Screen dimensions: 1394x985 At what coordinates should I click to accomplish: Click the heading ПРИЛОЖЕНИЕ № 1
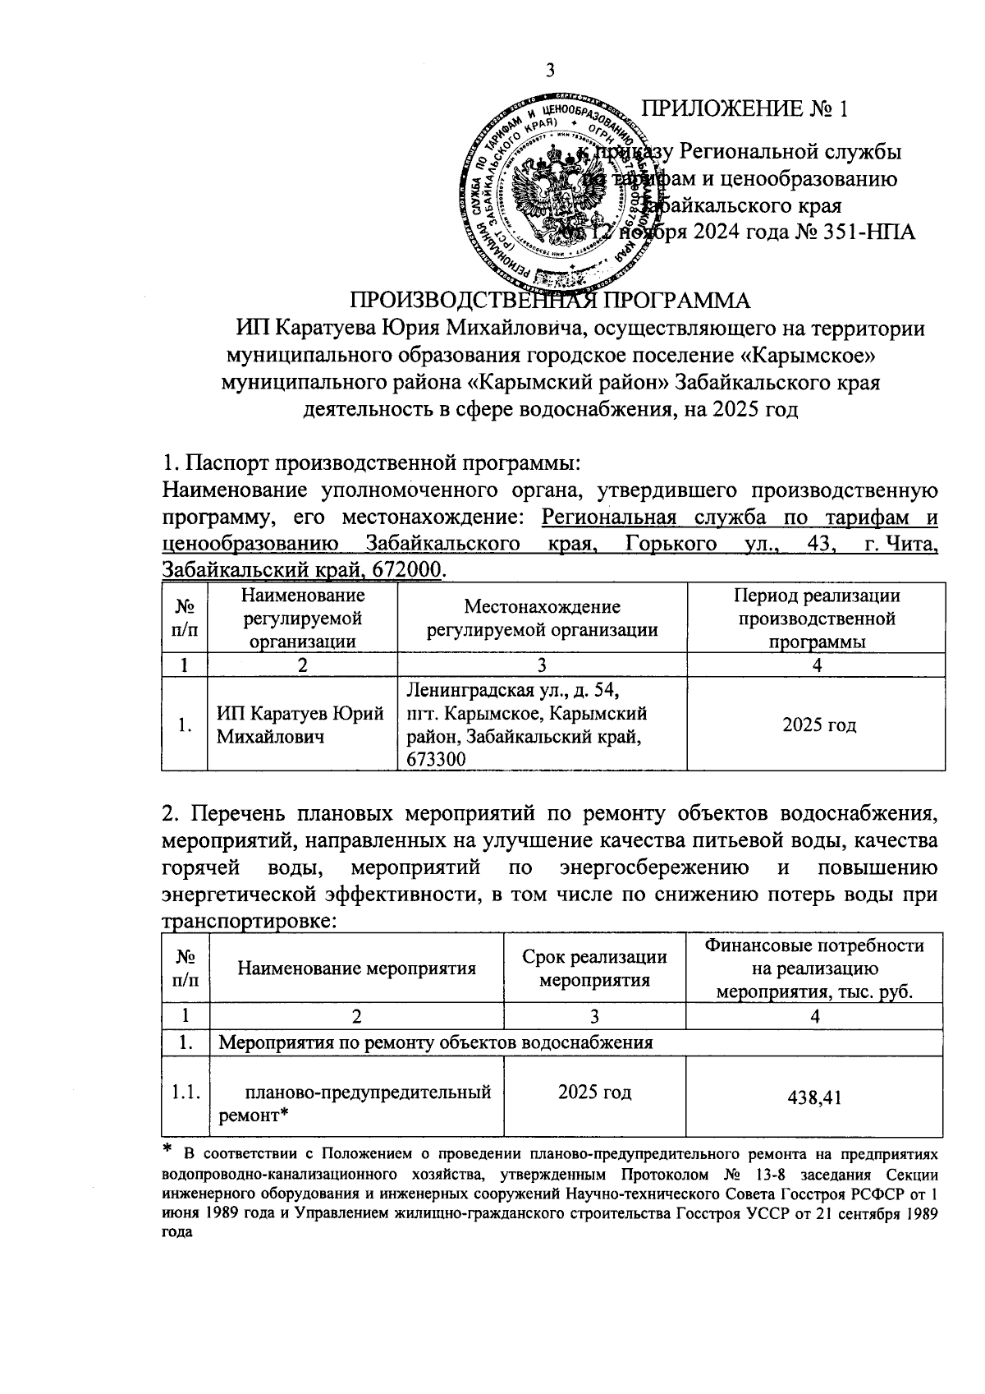(x=744, y=109)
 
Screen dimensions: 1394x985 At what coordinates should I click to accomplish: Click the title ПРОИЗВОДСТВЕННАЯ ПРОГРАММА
(x=551, y=300)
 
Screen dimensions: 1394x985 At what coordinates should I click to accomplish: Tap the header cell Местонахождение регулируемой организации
(x=542, y=618)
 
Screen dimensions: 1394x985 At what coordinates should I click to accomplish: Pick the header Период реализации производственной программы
(x=816, y=618)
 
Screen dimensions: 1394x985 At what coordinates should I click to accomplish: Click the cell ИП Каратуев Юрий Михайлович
(x=300, y=725)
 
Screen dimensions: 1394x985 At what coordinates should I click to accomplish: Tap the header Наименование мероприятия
(x=356, y=968)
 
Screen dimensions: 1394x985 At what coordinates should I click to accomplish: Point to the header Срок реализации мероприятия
(x=594, y=968)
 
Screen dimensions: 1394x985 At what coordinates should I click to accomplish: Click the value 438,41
(x=815, y=1097)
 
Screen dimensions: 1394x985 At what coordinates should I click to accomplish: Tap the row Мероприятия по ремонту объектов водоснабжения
(x=435, y=1043)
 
